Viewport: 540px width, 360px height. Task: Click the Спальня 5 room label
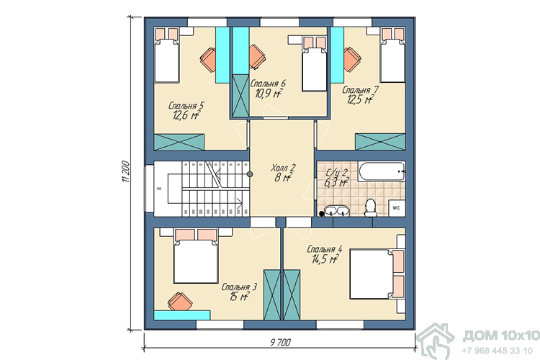186,105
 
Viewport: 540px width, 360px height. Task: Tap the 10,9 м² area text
269,93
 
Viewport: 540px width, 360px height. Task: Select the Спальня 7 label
360,90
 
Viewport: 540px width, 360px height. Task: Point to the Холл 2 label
283,168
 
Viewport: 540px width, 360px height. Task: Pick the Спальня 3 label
239,287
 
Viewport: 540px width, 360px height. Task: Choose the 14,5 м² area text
325,258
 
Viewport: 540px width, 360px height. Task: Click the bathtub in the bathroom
382,171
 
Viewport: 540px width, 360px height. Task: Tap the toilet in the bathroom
371,208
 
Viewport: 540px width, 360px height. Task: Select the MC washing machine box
397,208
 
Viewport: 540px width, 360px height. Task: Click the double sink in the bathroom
337,210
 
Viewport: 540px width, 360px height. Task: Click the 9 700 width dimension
281,343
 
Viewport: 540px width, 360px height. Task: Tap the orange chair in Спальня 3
180,301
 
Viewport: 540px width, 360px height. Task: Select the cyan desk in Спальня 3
182,315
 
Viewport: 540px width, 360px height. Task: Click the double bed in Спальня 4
377,274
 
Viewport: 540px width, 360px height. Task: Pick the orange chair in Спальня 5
208,60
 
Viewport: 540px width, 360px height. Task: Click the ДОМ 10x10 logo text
501,336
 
